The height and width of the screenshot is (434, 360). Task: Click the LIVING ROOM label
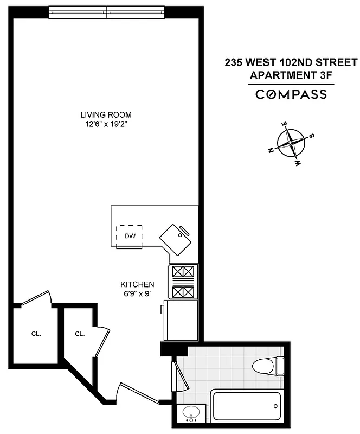106,115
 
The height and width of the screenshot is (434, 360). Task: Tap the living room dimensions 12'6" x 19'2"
106,124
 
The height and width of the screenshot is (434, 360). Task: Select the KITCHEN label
137,284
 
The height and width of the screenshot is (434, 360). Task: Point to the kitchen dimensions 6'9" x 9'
137,293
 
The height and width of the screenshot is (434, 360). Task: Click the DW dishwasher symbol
130,236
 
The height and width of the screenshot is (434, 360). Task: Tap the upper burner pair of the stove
183,271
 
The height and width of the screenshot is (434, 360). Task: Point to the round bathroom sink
190,413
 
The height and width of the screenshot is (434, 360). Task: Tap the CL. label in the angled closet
80,334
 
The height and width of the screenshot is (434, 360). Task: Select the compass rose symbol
292,143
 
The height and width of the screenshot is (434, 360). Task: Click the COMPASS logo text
291,94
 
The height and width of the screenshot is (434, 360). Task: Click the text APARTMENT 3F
291,75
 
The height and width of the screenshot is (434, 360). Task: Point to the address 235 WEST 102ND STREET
291,62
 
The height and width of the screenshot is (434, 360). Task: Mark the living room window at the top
107,10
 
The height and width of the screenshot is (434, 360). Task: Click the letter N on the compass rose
271,151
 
